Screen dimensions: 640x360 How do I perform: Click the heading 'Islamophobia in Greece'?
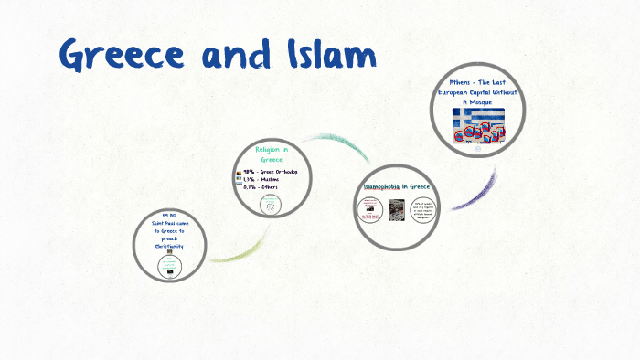pyautogui.click(x=398, y=186)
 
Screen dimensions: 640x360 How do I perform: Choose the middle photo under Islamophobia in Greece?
pyautogui.click(x=397, y=210)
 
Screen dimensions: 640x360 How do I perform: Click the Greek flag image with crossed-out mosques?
pyautogui.click(x=478, y=124)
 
